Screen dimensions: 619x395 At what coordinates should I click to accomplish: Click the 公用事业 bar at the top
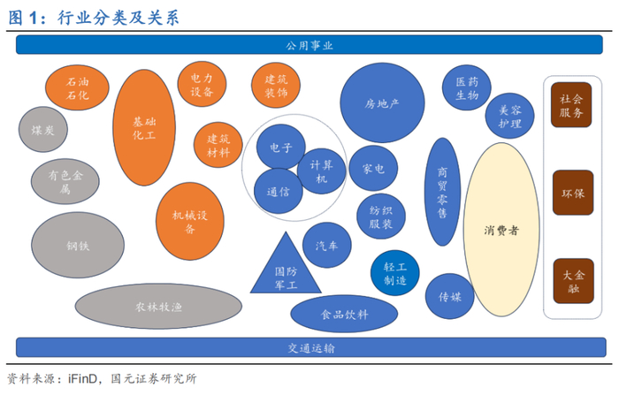coord(309,44)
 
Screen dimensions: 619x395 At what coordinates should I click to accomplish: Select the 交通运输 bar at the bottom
coord(309,347)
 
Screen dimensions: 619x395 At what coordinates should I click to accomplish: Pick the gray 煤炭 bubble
coord(42,130)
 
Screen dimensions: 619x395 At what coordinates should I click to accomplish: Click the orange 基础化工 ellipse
coord(143,128)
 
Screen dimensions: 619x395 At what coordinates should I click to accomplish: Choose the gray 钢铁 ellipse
coord(77,245)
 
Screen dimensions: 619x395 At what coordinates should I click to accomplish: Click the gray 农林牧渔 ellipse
coord(158,307)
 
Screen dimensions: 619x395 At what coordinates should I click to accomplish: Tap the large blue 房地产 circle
coord(382,103)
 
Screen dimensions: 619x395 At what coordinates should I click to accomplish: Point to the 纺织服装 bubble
coord(381,216)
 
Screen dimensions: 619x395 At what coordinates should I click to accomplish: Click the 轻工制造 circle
coord(394,273)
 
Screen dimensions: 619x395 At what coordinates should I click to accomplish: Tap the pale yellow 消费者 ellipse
coord(501,231)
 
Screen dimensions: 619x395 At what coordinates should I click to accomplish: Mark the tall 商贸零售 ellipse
coord(443,191)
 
